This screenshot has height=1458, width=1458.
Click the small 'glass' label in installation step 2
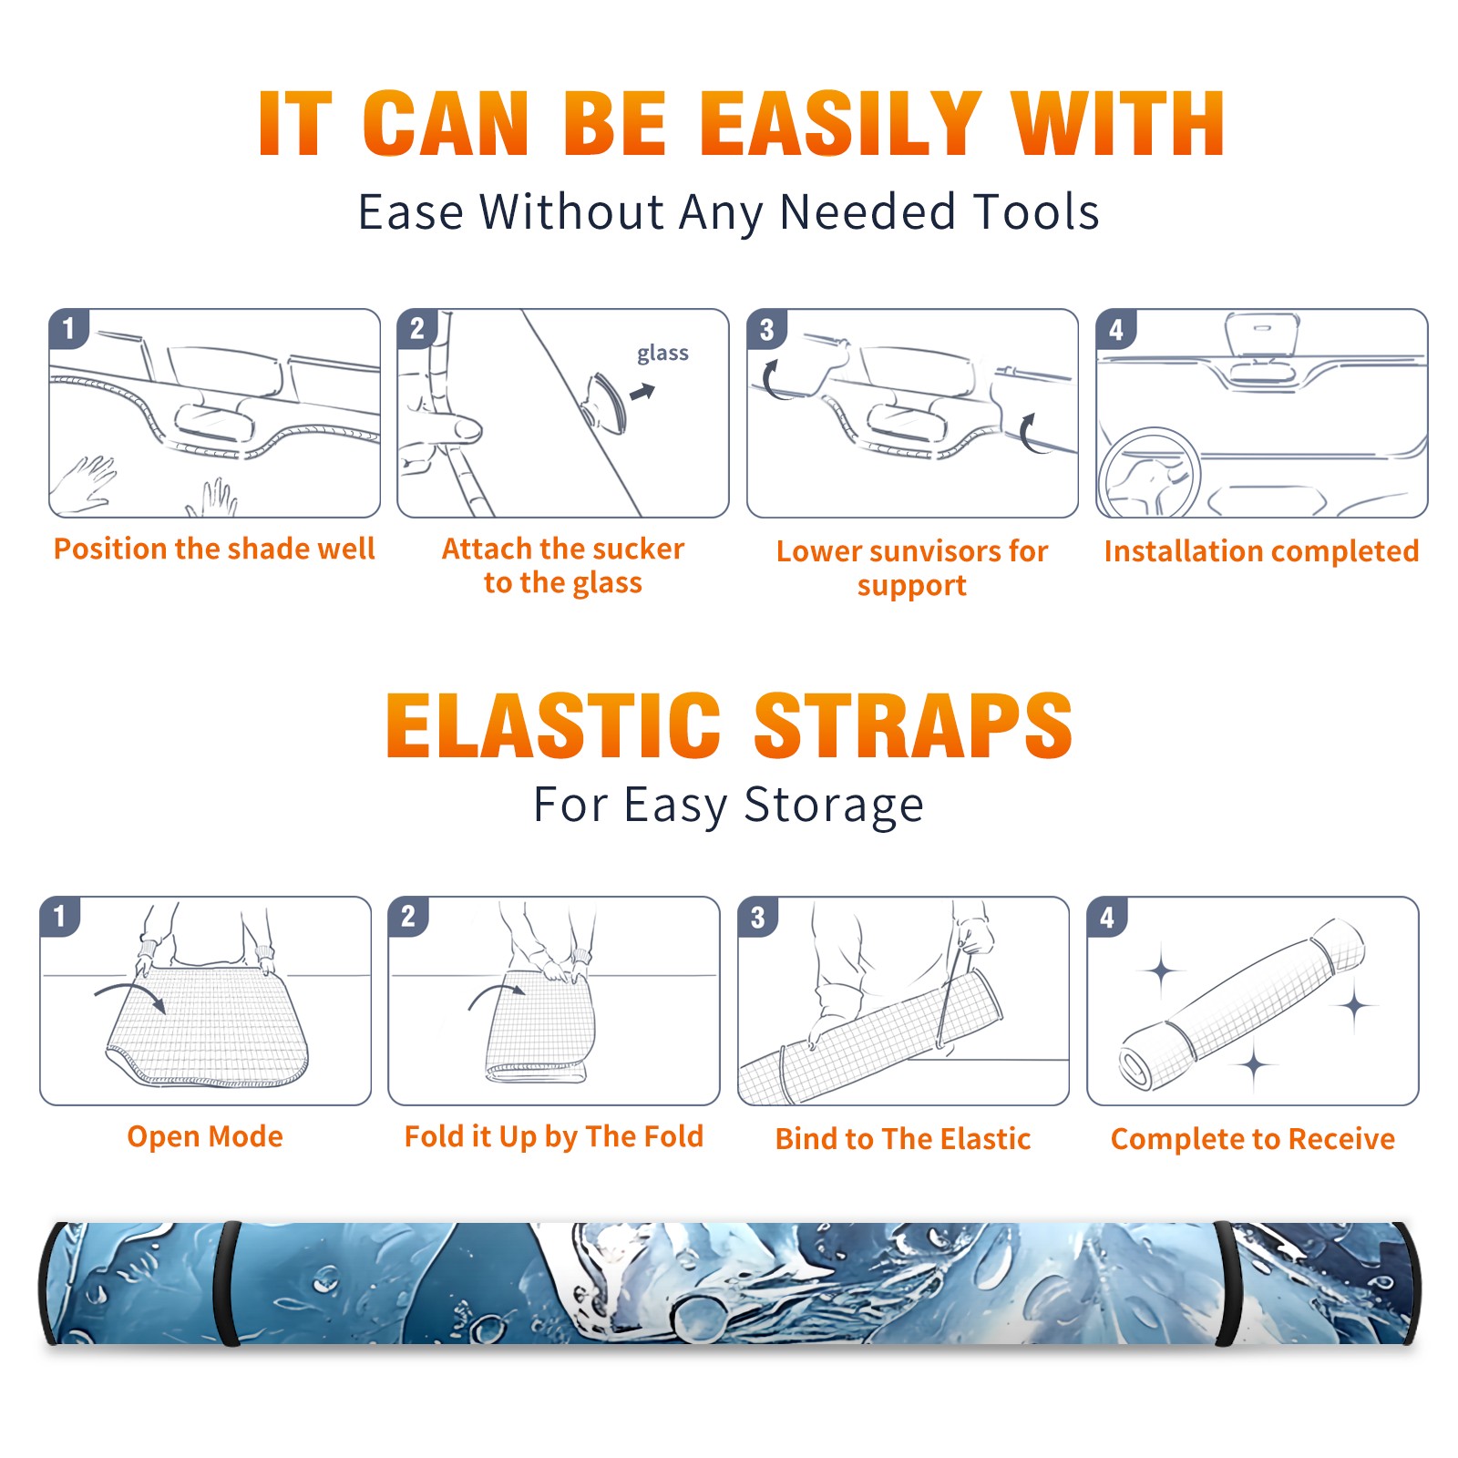tap(662, 353)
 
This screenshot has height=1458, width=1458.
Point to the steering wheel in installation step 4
tap(1148, 474)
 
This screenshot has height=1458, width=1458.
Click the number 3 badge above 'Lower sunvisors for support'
tap(766, 329)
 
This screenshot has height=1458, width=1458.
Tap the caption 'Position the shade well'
tap(214, 549)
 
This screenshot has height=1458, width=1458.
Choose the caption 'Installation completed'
tap(1261, 550)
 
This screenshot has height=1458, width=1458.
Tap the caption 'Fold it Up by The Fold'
tap(554, 1136)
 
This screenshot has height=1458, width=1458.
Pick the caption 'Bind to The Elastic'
tap(903, 1138)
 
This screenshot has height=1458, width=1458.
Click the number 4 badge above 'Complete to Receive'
tap(1107, 917)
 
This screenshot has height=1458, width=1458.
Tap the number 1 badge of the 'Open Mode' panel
tap(60, 916)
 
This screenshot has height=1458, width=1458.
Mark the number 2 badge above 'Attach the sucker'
tap(417, 328)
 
